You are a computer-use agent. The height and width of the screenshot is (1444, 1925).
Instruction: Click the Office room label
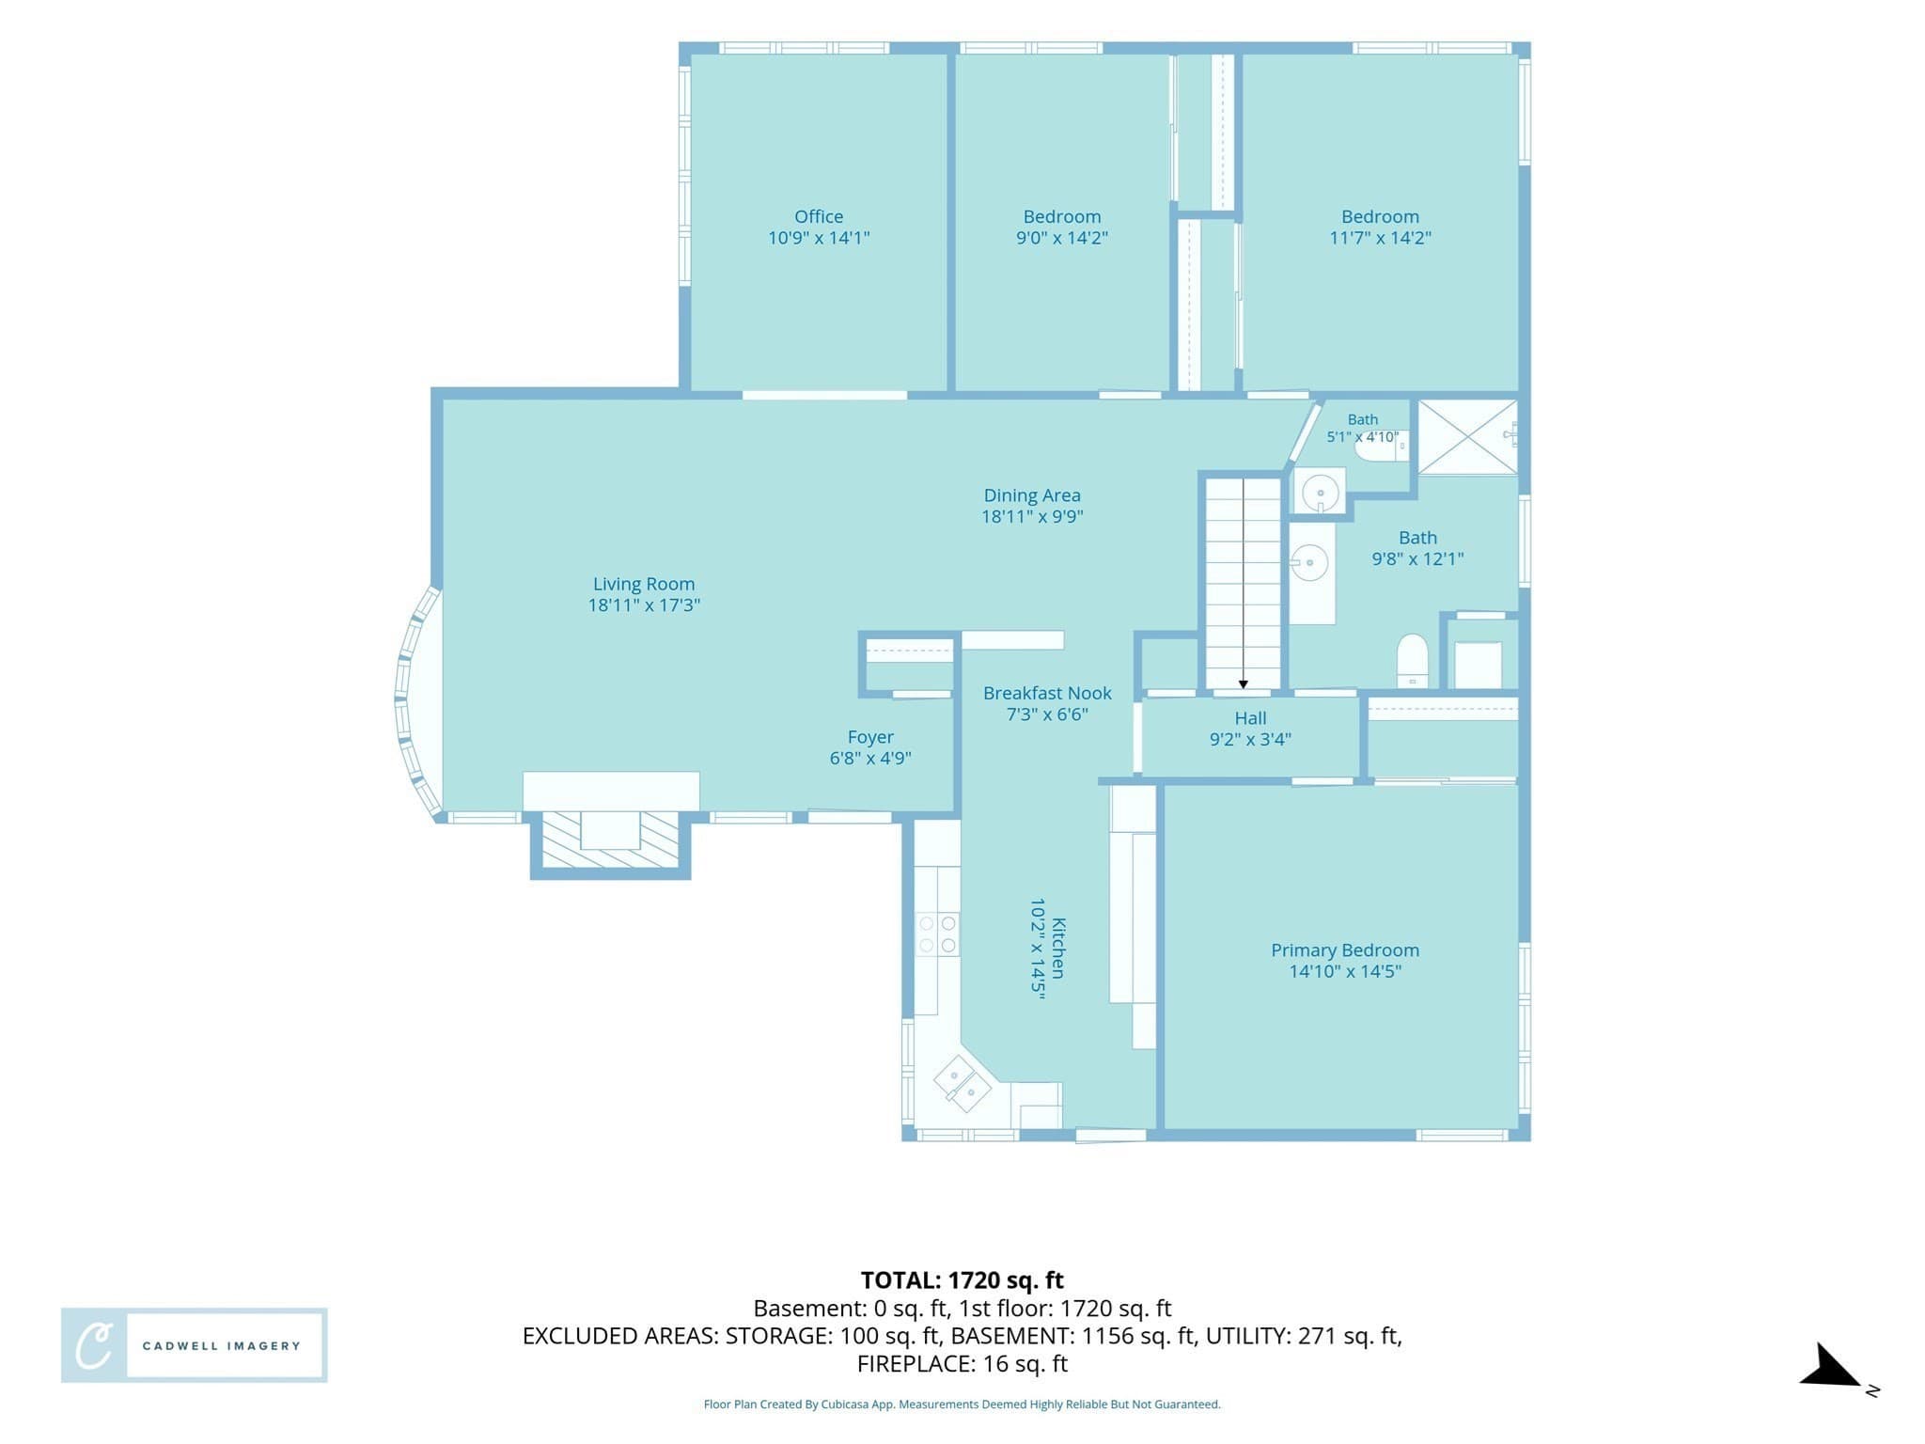tap(819, 217)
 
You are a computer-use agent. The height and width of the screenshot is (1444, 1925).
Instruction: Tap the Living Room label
tap(644, 584)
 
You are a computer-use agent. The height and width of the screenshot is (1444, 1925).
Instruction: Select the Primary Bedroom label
tap(1345, 950)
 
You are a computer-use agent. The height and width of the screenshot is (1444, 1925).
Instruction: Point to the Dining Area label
tap(1032, 495)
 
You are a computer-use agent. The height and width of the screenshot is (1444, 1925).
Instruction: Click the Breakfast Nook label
tap(1047, 693)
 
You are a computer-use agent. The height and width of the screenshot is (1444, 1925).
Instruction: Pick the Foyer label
tap(870, 738)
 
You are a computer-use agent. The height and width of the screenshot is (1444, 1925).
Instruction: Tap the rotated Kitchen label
tap(1058, 949)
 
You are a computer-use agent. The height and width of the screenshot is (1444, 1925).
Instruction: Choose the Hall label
tap(1250, 718)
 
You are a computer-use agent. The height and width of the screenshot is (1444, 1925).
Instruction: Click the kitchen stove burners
tap(937, 934)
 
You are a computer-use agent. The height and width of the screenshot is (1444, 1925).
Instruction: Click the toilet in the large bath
tap(1412, 661)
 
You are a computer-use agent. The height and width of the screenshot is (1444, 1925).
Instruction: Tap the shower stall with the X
tap(1467, 437)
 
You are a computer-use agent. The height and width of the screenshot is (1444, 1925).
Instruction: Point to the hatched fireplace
tap(611, 840)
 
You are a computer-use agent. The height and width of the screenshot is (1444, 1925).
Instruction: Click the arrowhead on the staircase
tap(1244, 684)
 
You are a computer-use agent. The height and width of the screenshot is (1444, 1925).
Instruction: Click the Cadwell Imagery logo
tap(195, 1345)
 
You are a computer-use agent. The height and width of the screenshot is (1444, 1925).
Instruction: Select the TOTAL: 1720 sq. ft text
tap(962, 1280)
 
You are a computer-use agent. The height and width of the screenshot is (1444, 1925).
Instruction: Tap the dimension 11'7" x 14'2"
tap(1380, 238)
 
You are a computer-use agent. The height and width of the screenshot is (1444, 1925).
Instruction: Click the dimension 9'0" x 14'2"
tap(1062, 238)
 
